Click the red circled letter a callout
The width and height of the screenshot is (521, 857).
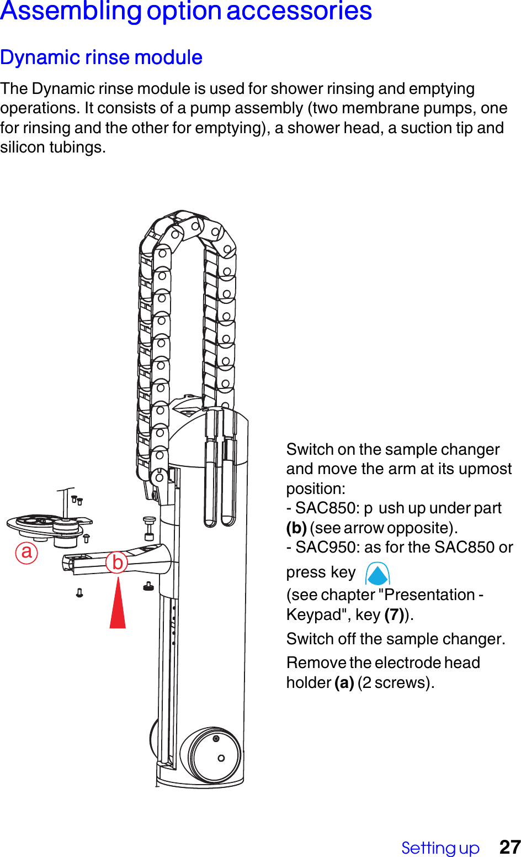point(26,552)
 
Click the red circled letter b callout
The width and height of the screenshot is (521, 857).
point(117,562)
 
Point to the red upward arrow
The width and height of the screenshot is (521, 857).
point(118,604)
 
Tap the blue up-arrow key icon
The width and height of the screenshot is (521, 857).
point(378,574)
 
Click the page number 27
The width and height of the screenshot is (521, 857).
point(509,847)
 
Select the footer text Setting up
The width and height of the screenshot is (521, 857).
point(440,848)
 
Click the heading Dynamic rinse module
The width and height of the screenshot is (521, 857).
point(101,57)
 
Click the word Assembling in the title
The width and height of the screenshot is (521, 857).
point(71,12)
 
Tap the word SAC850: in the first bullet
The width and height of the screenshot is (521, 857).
point(327,508)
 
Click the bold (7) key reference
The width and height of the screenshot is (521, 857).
point(394,614)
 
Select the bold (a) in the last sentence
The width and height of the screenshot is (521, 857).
point(344,682)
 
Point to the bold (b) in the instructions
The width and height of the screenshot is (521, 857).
point(296,528)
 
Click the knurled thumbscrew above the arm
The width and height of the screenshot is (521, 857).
point(149,527)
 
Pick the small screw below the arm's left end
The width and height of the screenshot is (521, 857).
point(79,593)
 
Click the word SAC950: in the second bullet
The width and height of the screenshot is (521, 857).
point(327,547)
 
